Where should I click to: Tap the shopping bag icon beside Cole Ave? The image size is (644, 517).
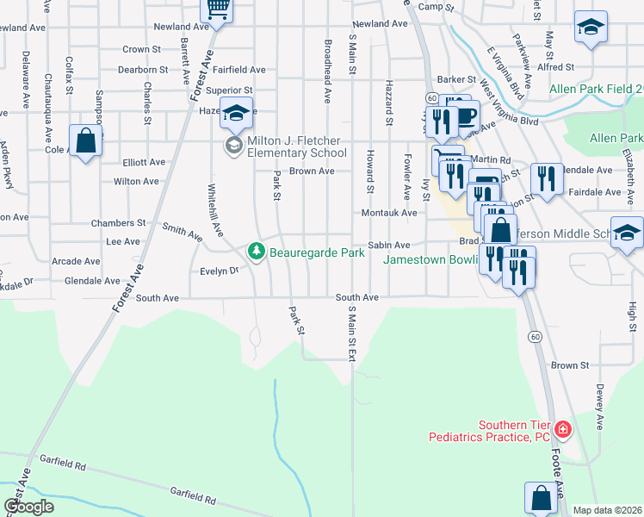pyautogui.click(x=86, y=140)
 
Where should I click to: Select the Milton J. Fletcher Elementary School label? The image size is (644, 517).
pyautogui.click(x=297, y=146)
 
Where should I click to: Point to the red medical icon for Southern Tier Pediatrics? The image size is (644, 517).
pyautogui.click(x=562, y=428)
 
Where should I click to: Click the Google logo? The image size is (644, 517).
pyautogui.click(x=29, y=507)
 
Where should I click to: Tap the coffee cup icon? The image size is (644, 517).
pyautogui.click(x=466, y=115)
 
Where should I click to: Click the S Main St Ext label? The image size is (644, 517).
pyautogui.click(x=351, y=333)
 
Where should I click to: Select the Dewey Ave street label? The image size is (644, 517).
pyautogui.click(x=598, y=408)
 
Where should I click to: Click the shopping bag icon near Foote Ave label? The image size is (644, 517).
pyautogui.click(x=541, y=497)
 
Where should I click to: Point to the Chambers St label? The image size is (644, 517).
pyautogui.click(x=119, y=223)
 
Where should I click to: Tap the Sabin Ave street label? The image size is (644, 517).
pyautogui.click(x=388, y=246)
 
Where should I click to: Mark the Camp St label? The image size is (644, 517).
pyautogui.click(x=436, y=7)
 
